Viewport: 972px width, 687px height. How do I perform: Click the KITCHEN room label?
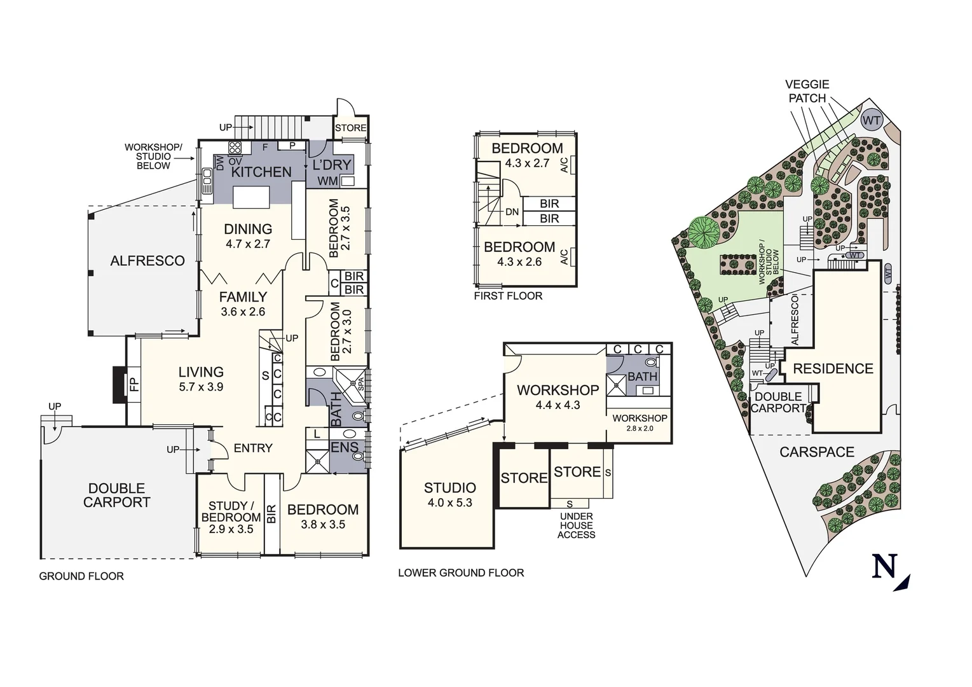[x=261, y=172]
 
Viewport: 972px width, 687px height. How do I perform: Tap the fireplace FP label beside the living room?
[x=133, y=384]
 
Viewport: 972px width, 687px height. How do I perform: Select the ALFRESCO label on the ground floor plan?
[x=147, y=261]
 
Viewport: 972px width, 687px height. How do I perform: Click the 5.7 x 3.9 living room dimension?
[x=201, y=387]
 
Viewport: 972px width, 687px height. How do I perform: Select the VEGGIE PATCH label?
[x=807, y=91]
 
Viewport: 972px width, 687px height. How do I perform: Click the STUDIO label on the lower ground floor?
[x=450, y=488]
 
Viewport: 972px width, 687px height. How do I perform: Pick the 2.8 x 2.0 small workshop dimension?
[x=640, y=429]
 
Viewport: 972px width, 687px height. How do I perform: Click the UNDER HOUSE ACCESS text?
[x=576, y=525]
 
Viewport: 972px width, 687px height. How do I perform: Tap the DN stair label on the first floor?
[x=512, y=212]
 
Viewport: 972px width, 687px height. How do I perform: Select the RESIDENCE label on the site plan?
[x=833, y=369]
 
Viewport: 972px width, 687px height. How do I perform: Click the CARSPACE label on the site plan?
[x=817, y=452]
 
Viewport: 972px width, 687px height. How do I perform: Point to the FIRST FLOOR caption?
[x=508, y=296]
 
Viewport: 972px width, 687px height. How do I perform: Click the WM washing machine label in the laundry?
[x=327, y=181]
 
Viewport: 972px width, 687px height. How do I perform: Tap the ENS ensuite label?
[x=345, y=448]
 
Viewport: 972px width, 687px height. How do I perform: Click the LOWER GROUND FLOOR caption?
[x=461, y=573]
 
